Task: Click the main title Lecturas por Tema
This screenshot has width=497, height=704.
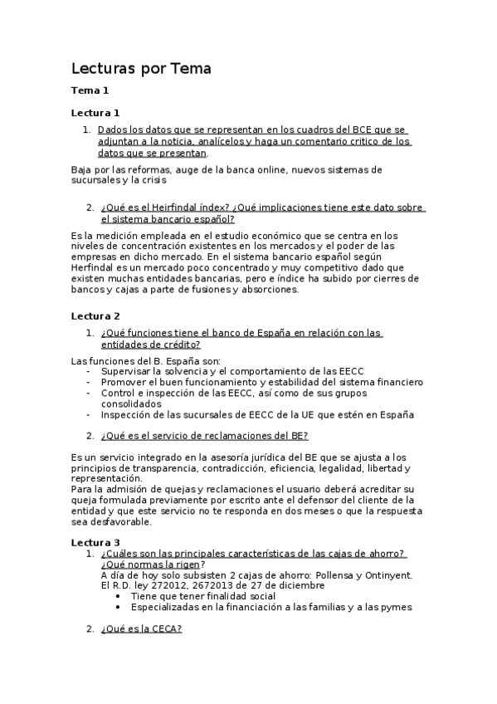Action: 141,69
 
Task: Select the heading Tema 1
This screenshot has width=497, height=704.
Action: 90,90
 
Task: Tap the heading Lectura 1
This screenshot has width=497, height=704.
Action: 95,112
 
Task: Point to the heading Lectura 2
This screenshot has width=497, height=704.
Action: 95,316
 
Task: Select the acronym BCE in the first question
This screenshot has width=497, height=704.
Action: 348,130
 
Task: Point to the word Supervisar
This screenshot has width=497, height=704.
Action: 127,370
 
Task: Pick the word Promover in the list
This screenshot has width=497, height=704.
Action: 124,382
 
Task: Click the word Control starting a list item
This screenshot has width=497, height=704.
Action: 119,393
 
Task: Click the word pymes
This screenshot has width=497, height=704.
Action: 397,607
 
